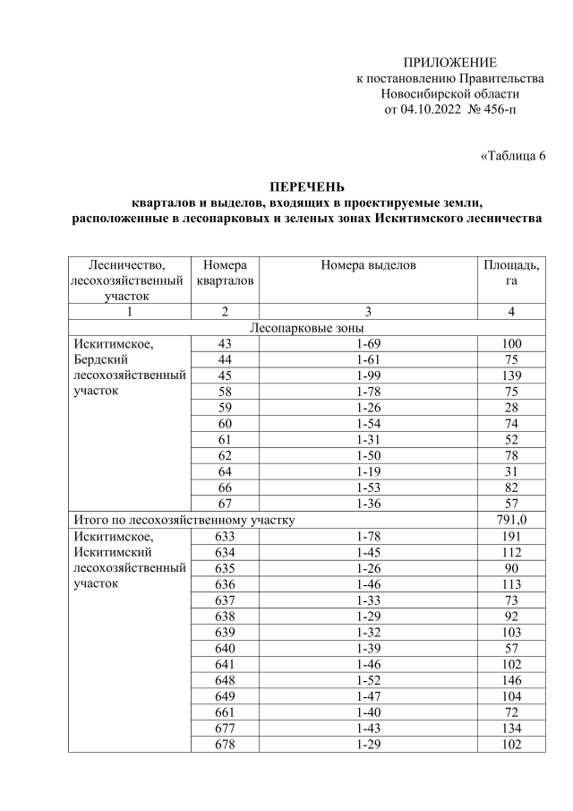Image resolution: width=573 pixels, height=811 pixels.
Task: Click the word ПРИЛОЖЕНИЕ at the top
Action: [x=449, y=62]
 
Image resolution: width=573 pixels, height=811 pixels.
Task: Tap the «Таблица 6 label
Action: [x=513, y=157]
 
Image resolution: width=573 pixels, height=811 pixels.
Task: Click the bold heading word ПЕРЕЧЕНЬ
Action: [x=306, y=186]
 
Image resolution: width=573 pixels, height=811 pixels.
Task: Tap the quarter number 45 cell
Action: [x=224, y=375]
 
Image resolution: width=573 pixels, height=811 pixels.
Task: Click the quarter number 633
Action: [x=224, y=536]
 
